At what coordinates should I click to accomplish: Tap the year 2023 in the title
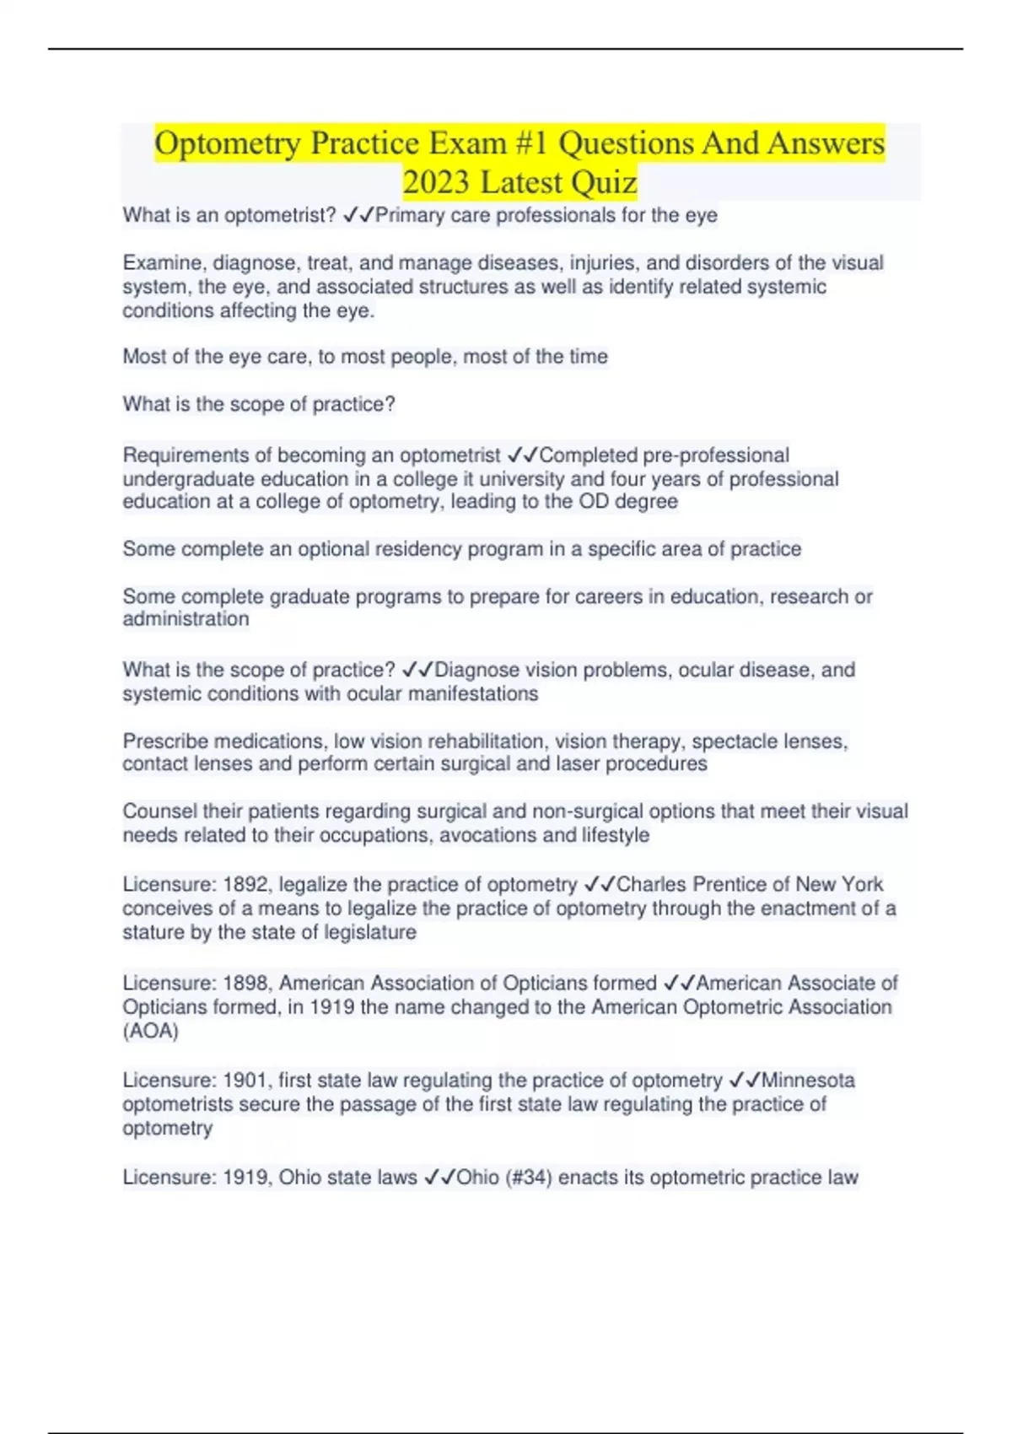(435, 182)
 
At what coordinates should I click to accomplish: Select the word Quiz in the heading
(604, 182)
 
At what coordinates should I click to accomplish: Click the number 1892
(245, 884)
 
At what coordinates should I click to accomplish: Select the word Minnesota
(808, 1080)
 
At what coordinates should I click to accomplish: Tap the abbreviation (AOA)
(150, 1031)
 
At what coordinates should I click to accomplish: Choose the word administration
(186, 619)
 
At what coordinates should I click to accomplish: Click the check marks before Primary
(358, 215)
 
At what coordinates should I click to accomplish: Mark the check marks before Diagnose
(417, 670)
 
